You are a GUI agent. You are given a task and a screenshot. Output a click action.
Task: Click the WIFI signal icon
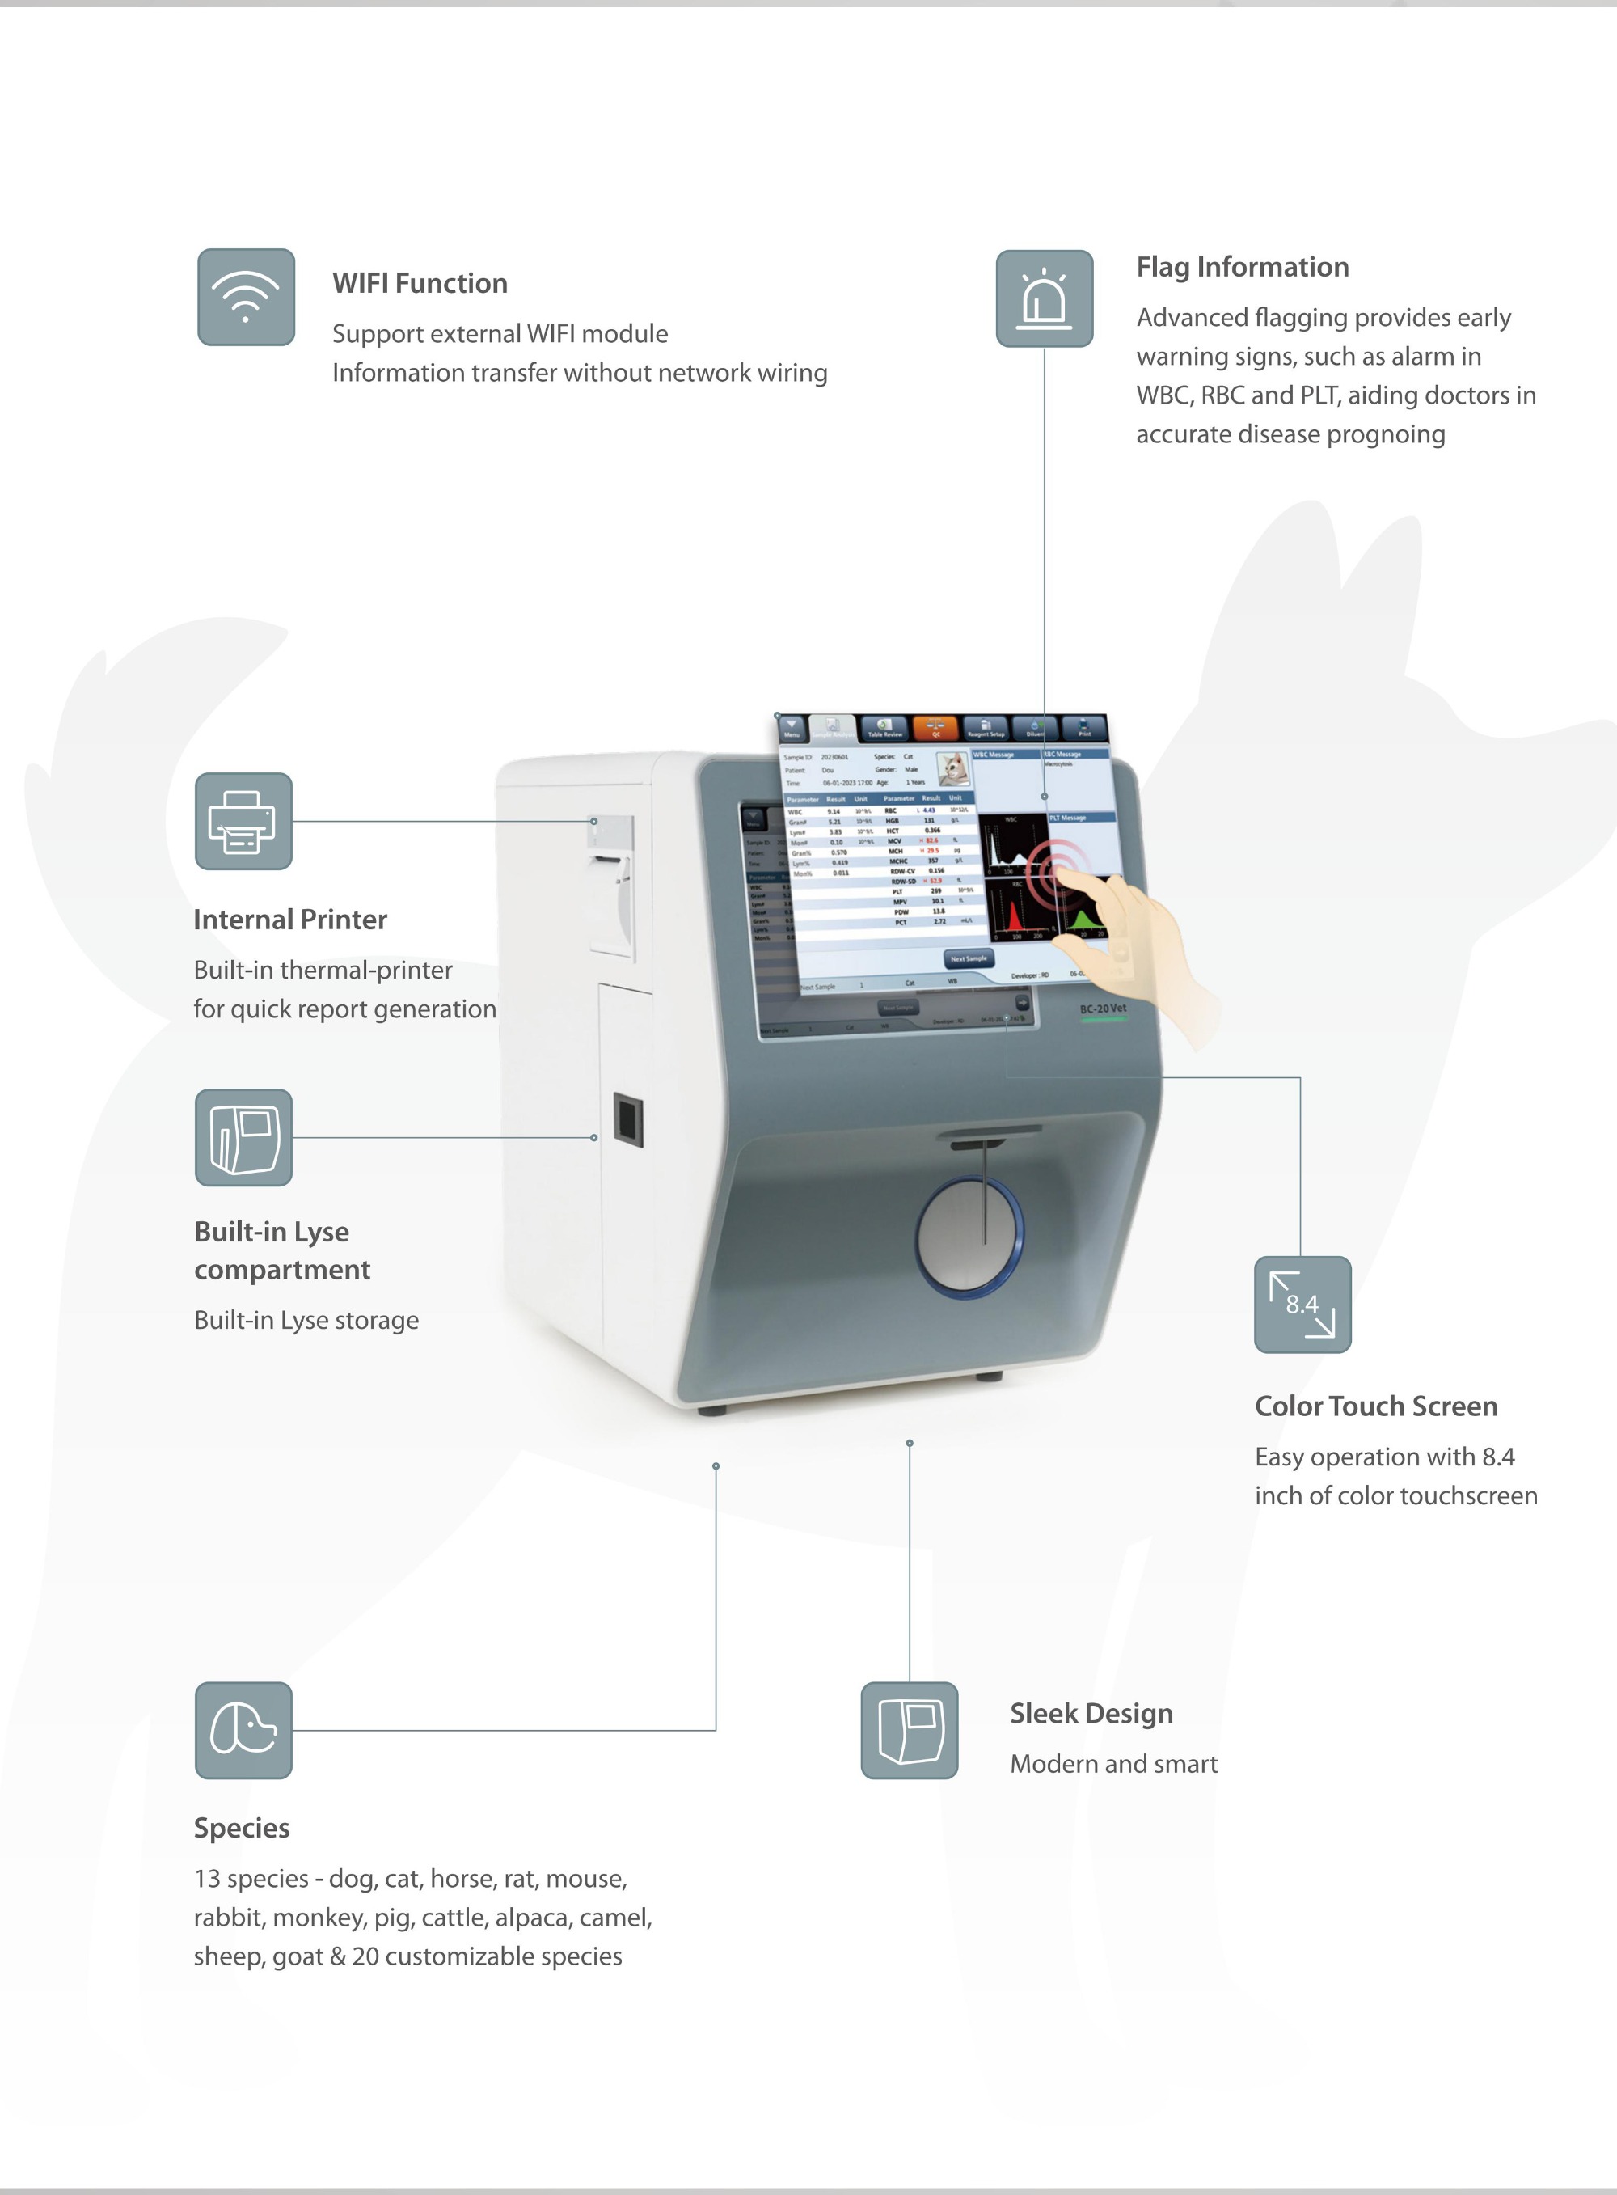coord(246,297)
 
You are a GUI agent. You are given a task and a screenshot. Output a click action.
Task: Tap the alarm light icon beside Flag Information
coord(1044,298)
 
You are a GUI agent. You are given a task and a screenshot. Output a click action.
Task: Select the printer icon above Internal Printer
coord(243,822)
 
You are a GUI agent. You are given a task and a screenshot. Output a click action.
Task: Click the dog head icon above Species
coord(243,1730)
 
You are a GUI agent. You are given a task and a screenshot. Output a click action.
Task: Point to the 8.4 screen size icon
coord(1302,1304)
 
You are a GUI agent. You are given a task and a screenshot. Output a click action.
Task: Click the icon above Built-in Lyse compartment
coord(243,1138)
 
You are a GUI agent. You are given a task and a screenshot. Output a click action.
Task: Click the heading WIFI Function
coord(419,283)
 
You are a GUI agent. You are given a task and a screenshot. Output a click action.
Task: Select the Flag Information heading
coord(1241,266)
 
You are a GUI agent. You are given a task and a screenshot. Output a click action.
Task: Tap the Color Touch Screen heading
coord(1375,1406)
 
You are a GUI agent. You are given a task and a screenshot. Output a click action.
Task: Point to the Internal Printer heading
coord(289,920)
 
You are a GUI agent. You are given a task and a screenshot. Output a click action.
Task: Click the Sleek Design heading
coord(1091,1713)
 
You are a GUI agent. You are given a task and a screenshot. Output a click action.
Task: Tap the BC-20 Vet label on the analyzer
coord(1102,1009)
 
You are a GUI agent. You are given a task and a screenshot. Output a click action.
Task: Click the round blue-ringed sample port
coord(969,1237)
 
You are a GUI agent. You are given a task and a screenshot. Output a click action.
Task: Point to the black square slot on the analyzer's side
coord(627,1120)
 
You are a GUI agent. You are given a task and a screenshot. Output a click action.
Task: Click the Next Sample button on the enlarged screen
coord(968,958)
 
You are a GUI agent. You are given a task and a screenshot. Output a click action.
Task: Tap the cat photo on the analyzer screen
coord(952,768)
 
